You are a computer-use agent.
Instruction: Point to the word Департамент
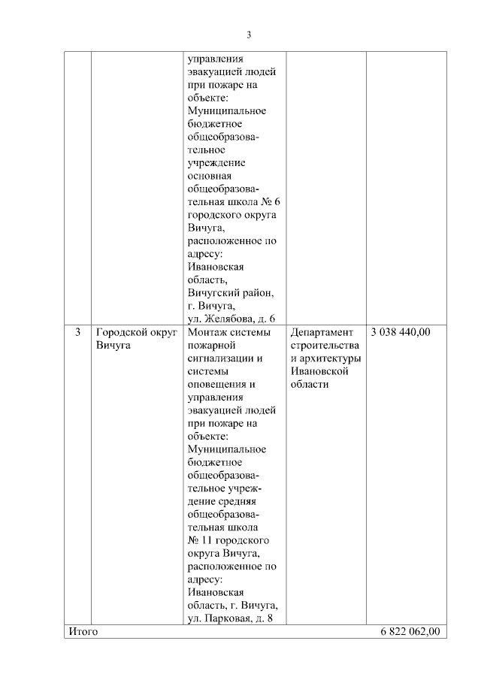[321, 331]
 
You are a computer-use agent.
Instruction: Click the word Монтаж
[207, 331]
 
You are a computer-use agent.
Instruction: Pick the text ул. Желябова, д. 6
[230, 318]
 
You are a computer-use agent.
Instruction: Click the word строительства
[325, 345]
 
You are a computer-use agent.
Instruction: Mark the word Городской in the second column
[119, 331]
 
